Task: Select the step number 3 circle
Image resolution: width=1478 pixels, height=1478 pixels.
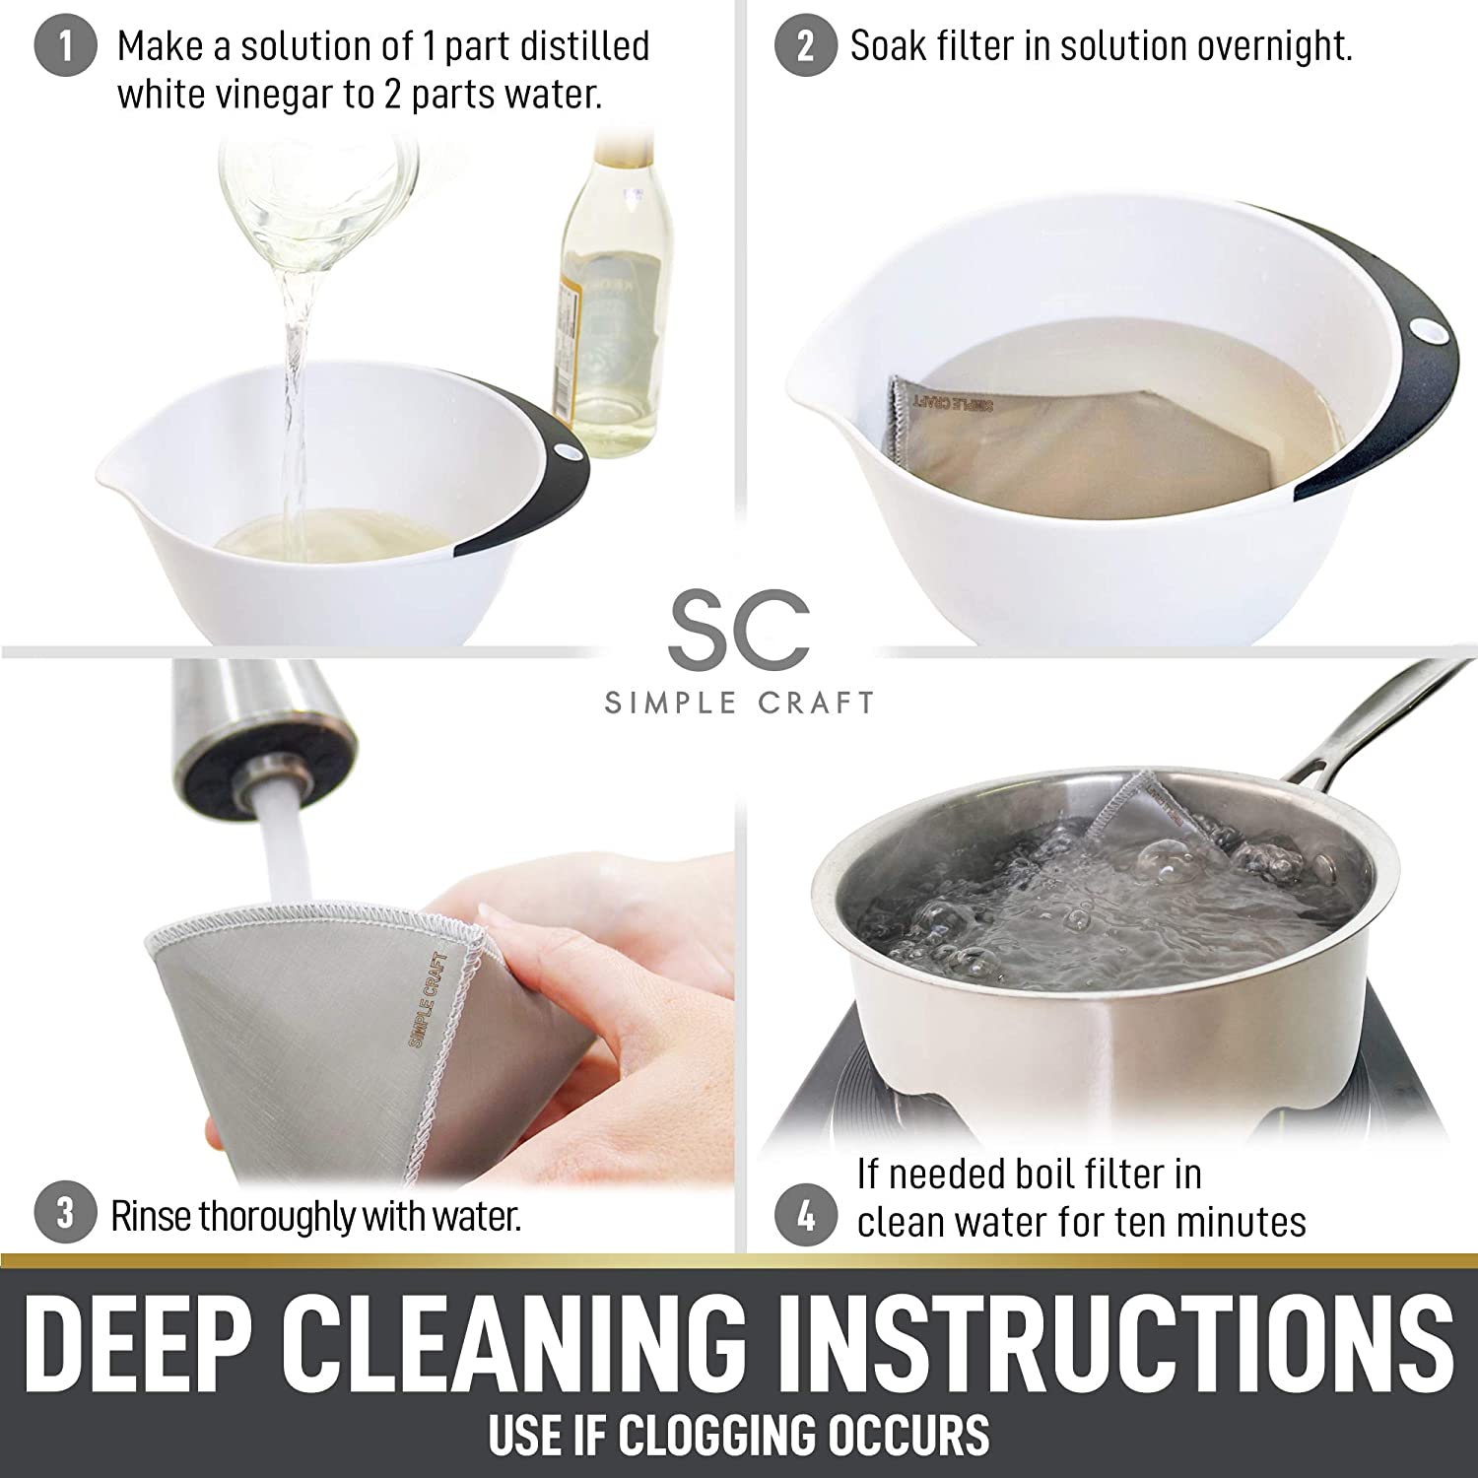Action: (65, 1213)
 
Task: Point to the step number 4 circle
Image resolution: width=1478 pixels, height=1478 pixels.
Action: (806, 1218)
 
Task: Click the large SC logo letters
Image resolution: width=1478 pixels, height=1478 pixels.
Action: (739, 627)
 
